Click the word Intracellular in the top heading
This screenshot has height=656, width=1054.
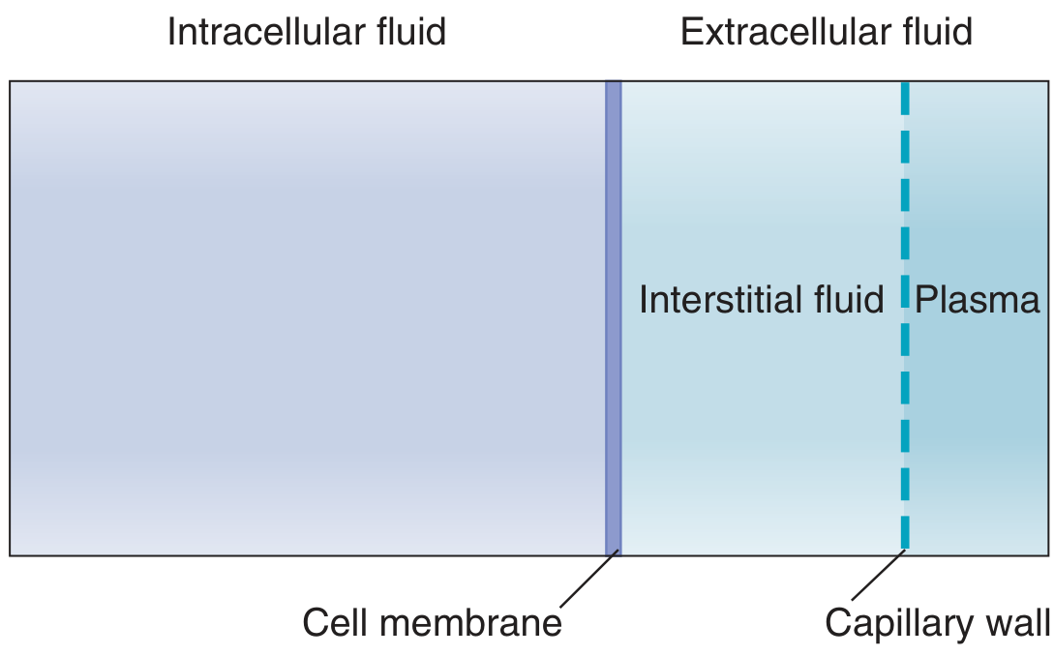pos(264,32)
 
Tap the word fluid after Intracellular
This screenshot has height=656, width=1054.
pos(409,32)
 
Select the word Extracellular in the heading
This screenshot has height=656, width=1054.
pos(781,32)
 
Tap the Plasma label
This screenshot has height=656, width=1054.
pos(978,300)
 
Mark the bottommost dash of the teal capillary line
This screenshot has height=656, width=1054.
pos(905,533)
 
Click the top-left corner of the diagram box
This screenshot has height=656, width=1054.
pos(11,81)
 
